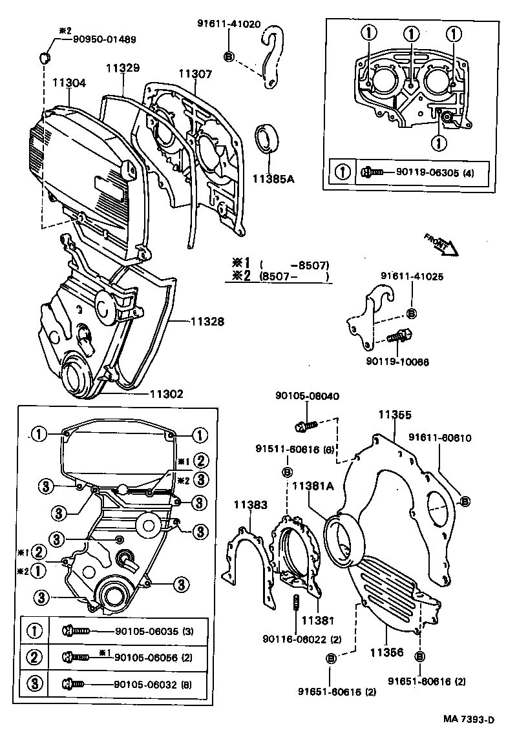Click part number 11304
click(69, 83)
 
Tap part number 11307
click(195, 74)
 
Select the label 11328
click(207, 320)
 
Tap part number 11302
click(167, 393)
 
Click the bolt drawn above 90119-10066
click(398, 337)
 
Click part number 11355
click(394, 415)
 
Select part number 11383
click(250, 506)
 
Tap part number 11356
click(386, 653)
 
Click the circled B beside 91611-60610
click(464, 501)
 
